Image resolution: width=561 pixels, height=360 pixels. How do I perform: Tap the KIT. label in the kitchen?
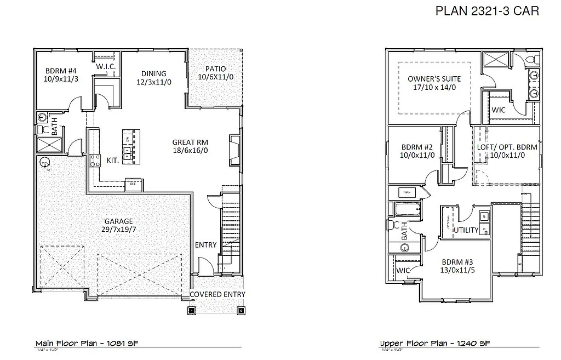[x=113, y=160]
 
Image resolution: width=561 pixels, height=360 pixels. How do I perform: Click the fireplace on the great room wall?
[x=234, y=150]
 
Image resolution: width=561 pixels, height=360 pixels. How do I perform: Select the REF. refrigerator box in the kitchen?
[x=134, y=185]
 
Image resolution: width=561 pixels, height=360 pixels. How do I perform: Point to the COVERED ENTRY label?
[x=217, y=294]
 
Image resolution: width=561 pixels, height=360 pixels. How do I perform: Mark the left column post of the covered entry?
[x=192, y=310]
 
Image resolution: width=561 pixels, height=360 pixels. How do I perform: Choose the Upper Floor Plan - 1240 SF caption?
[x=434, y=344]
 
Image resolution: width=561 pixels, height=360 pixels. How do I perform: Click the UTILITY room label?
[x=466, y=230]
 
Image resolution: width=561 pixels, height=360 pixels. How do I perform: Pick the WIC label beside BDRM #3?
[x=403, y=270]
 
